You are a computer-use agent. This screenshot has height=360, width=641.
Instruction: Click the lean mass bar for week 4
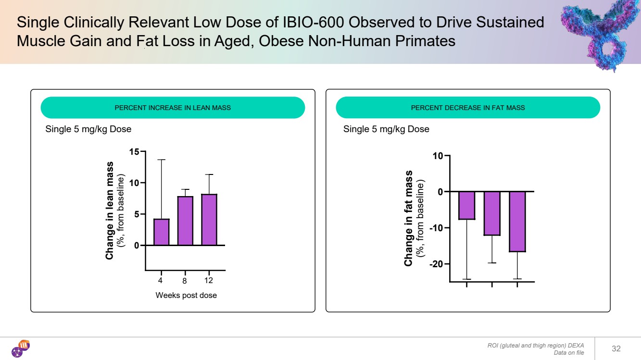tap(162, 232)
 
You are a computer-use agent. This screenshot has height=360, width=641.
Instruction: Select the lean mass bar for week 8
tap(186, 221)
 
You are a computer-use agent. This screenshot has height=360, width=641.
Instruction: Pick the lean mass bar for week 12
tap(209, 220)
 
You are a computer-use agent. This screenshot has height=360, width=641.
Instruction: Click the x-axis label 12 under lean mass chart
tap(209, 280)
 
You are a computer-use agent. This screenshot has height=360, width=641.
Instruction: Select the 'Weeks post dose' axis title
tap(186, 295)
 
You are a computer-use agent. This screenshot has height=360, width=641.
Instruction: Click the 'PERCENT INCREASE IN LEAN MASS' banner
tap(173, 108)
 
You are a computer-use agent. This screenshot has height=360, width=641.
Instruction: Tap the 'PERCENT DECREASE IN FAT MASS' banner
tap(467, 108)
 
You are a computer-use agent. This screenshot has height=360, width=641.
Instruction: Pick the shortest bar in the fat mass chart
tap(467, 205)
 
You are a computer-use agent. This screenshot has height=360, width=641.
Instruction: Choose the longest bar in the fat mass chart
tap(517, 222)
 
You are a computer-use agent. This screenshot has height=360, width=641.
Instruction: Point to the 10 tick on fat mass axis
tap(438, 156)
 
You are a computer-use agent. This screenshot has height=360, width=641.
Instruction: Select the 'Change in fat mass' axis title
tap(409, 218)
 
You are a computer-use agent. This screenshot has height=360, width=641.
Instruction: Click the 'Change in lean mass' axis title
tap(110, 211)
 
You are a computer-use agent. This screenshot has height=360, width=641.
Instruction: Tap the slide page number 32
tap(616, 348)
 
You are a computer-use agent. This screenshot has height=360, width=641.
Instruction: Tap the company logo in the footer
tap(21, 348)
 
